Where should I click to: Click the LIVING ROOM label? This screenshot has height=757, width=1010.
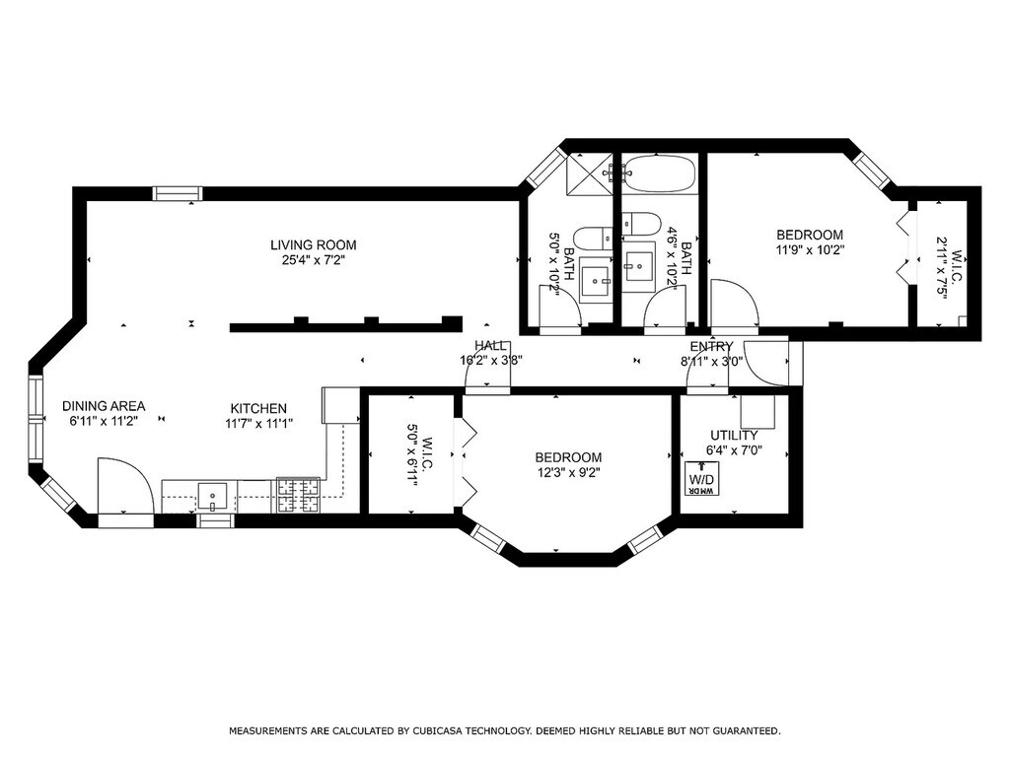click(x=313, y=244)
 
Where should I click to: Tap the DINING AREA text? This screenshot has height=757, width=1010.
click(x=104, y=406)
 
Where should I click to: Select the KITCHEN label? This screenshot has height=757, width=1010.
click(x=258, y=409)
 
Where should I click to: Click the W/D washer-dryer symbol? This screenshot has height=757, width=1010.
click(x=701, y=479)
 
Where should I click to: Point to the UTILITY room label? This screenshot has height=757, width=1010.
click(x=734, y=436)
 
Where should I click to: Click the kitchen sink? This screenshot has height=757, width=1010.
click(x=212, y=497)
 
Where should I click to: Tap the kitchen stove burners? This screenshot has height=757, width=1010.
click(x=298, y=495)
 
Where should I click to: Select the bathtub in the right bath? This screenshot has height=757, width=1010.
click(x=660, y=173)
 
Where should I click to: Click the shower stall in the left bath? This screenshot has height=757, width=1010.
click(x=589, y=173)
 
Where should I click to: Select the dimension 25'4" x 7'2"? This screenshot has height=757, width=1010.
click(x=313, y=260)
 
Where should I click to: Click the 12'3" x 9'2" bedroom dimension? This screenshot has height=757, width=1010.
click(x=568, y=472)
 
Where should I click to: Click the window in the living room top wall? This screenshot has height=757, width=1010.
click(x=178, y=193)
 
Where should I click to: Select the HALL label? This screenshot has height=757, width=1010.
click(x=491, y=346)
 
